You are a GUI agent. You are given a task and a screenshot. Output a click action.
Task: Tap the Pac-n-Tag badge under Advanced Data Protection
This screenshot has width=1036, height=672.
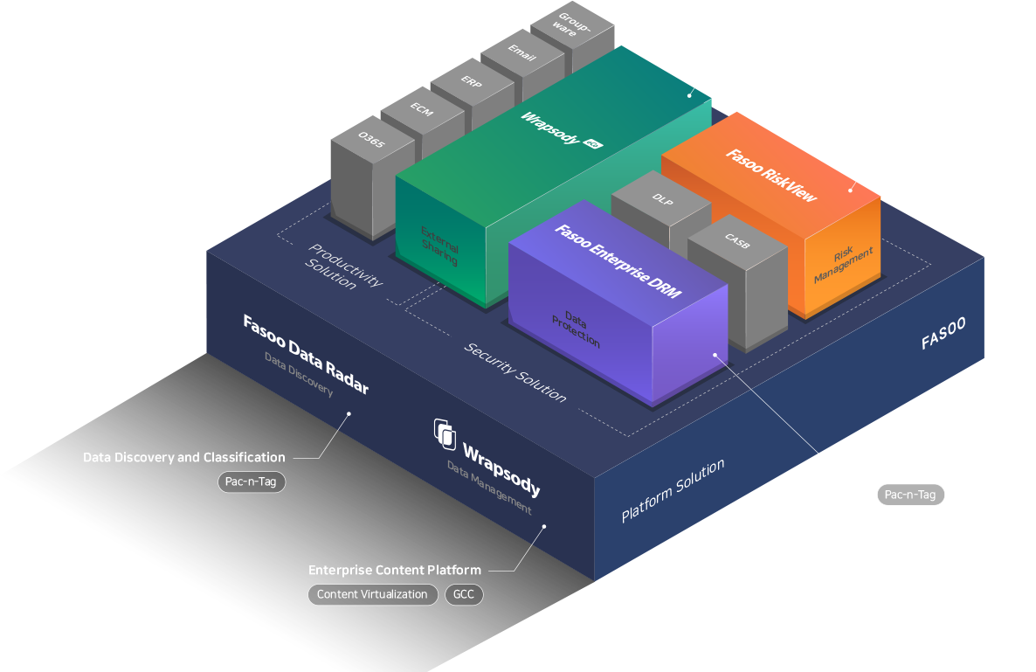(910, 495)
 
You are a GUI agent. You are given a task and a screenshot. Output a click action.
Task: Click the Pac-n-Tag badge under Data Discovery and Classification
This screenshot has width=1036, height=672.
(251, 482)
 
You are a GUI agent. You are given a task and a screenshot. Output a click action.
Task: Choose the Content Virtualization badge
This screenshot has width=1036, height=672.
(372, 595)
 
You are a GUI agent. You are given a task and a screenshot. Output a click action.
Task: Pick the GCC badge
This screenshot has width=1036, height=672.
(464, 595)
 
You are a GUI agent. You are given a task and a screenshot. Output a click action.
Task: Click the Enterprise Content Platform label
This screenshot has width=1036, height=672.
(394, 571)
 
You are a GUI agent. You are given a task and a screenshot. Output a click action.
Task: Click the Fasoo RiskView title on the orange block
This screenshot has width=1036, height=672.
(770, 176)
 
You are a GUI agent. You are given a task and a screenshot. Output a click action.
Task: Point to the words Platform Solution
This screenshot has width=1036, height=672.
(673, 491)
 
